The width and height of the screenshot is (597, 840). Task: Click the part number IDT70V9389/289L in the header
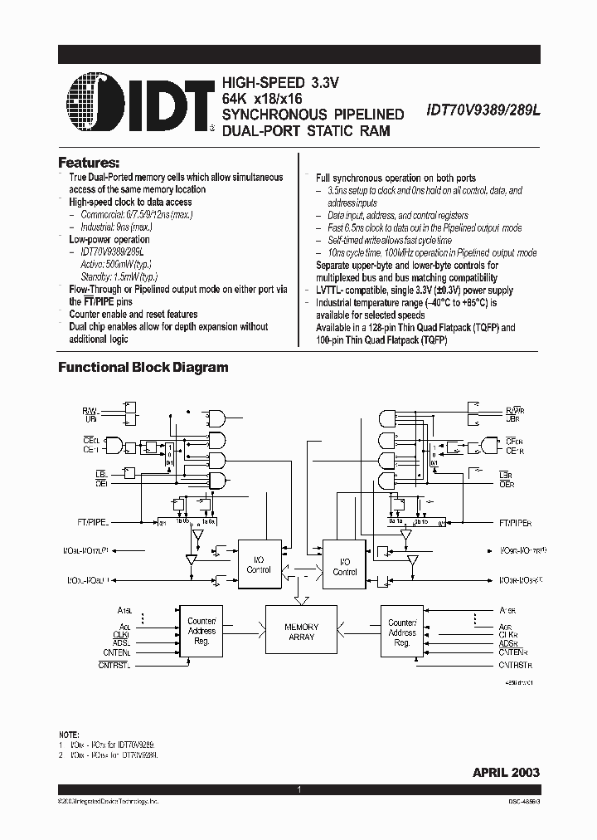click(483, 108)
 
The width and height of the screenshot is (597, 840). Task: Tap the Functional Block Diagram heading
click(143, 367)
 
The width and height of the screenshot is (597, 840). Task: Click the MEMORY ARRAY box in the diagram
click(301, 632)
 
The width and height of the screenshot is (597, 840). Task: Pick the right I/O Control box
click(345, 567)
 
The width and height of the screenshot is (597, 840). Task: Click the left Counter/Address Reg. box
click(201, 631)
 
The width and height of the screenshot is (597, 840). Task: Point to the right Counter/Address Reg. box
click(402, 632)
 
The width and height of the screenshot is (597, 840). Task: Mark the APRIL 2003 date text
click(506, 772)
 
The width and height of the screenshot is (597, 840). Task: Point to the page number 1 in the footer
click(298, 790)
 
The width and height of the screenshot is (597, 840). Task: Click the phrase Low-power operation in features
click(109, 240)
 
